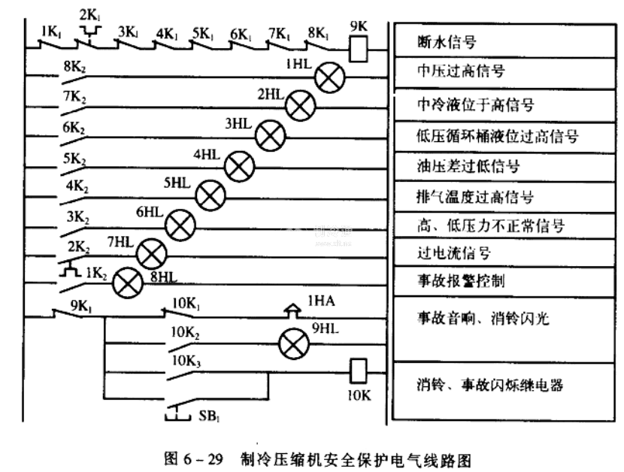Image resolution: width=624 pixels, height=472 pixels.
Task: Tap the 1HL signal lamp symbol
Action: [x=329, y=77]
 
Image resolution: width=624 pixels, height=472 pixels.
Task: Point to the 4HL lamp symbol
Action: [x=240, y=165]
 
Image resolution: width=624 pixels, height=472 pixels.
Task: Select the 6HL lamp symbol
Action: [x=180, y=225]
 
